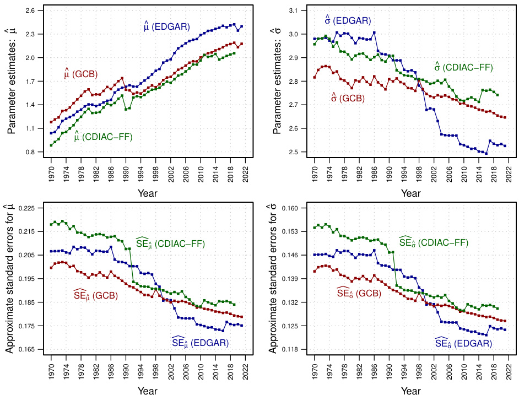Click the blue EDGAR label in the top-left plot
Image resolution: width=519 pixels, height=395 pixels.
(x=166, y=26)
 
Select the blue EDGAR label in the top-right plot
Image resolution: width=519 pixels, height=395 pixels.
(x=347, y=21)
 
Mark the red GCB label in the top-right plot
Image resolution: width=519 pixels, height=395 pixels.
(x=347, y=98)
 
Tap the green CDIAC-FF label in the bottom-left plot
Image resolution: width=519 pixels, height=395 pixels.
(x=170, y=244)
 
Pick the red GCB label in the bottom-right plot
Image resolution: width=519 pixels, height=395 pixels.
(x=359, y=293)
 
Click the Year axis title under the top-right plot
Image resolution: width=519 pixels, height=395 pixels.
(x=410, y=193)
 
